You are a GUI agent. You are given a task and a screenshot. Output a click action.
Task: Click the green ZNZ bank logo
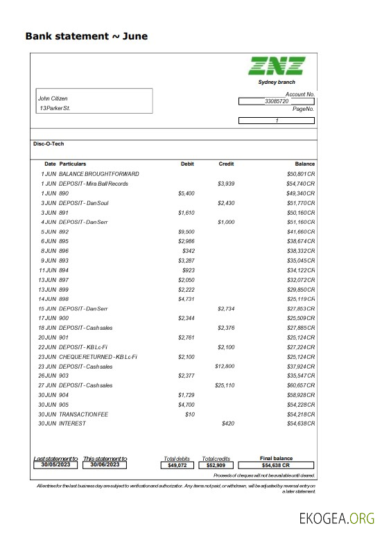(277, 66)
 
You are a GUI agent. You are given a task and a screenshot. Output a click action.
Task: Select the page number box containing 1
(276, 121)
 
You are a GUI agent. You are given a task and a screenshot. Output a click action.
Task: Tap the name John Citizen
(53, 98)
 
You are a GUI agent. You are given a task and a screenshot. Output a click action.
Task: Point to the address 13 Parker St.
(55, 109)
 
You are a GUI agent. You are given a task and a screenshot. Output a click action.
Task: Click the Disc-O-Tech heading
(49, 143)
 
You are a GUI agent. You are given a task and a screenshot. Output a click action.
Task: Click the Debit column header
(187, 164)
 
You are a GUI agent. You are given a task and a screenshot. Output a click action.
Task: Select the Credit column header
(226, 164)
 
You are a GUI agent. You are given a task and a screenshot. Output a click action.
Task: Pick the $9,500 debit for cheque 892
(186, 231)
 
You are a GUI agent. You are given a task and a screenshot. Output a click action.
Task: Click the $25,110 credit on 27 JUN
(225, 385)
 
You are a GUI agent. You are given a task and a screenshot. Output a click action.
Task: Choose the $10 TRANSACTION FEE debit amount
(190, 414)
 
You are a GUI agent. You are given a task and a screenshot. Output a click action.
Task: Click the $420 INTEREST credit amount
(228, 423)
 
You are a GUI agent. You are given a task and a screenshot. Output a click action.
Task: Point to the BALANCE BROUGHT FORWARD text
(99, 173)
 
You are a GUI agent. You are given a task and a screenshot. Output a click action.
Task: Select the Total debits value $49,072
(178, 466)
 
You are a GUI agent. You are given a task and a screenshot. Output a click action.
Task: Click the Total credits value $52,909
(216, 466)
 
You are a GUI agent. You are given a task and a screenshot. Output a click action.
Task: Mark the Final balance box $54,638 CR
(275, 466)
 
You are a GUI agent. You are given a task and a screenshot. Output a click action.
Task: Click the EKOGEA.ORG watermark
(337, 518)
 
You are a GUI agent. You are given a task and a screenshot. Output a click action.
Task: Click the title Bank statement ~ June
(86, 36)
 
